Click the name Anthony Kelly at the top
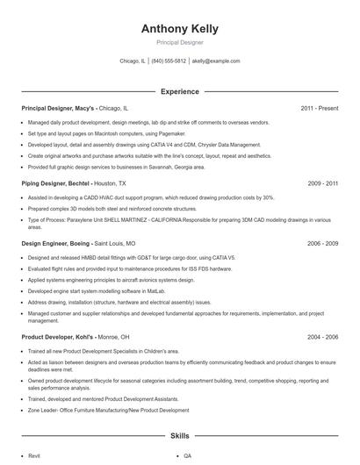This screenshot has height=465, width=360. tap(179, 28)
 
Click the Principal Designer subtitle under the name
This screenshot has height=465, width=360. tap(179, 42)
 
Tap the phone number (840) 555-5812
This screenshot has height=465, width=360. tap(169, 61)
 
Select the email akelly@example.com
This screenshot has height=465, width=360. tap(216, 61)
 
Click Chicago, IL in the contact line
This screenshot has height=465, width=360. tap(133, 61)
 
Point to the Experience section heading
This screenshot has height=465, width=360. tap(179, 91)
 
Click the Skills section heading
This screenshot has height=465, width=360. tap(179, 435)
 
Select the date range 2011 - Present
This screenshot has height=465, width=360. tap(319, 108)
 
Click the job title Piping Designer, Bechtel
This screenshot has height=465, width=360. tap(55, 183)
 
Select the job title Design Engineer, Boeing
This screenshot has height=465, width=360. tap(56, 243)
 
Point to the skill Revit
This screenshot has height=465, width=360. tap(35, 456)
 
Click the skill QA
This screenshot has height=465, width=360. tap(188, 456)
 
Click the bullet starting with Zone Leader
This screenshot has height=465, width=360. tap(108, 410)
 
